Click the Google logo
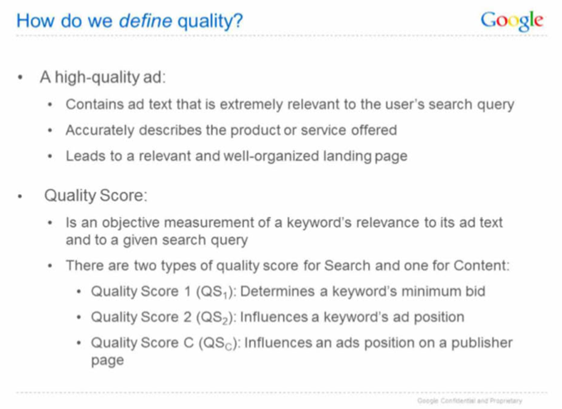pyautogui.click(x=512, y=21)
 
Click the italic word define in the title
pyautogui.click(x=145, y=21)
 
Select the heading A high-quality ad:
pyautogui.click(x=103, y=78)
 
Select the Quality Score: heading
pyautogui.click(x=96, y=196)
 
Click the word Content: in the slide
pyautogui.click(x=481, y=266)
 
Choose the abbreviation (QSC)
pyautogui.click(x=220, y=343)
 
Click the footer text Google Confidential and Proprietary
pyautogui.click(x=469, y=400)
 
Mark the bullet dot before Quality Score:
pyautogui.click(x=20, y=196)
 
